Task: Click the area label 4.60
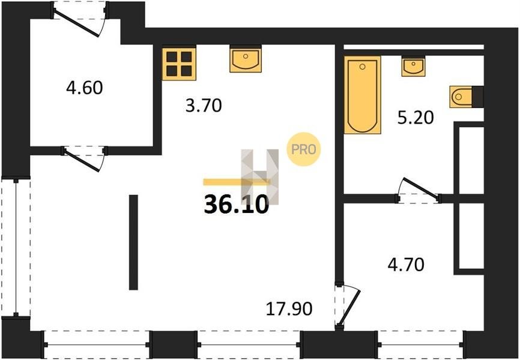[85, 88]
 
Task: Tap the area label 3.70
[204, 106]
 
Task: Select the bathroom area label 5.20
[416, 118]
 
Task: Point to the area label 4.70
[406, 265]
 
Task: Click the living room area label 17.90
[289, 309]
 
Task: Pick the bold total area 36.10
[237, 205]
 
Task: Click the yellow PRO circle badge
[303, 149]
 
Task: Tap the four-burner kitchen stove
[179, 64]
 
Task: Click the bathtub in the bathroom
[362, 95]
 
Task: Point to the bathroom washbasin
[413, 67]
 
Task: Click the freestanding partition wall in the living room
[133, 242]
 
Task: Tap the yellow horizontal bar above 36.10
[237, 182]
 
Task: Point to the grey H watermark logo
[259, 176]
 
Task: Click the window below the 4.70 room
[420, 345]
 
